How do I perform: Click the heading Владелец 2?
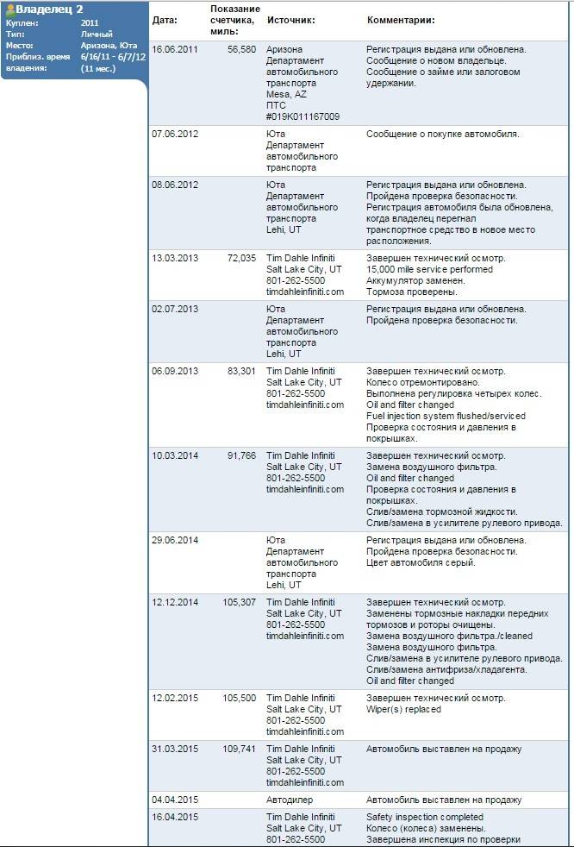49,9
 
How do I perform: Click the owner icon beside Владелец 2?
9,9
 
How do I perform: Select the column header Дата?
165,20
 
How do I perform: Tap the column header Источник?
290,20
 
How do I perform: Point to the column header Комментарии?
401,20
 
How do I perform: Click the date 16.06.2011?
175,50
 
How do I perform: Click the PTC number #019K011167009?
303,116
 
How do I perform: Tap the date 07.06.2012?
175,135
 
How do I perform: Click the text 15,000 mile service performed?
429,270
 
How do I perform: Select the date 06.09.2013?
175,371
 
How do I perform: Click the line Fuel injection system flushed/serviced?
446,416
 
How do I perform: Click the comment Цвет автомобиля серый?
421,563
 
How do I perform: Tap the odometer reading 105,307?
240,602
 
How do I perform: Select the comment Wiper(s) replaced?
403,710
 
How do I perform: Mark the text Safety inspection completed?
425,817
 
